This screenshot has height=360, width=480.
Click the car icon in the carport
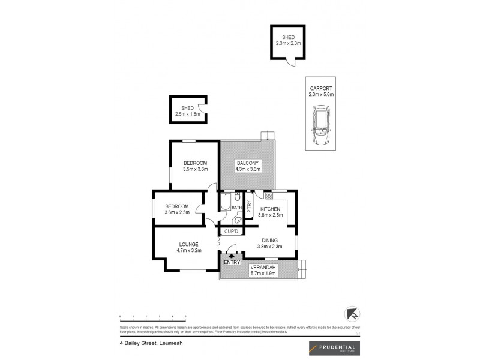pos(320,123)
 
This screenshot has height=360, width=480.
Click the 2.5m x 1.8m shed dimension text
pos(187,114)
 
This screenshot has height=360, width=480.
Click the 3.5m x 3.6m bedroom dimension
pos(196,170)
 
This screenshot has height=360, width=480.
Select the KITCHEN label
pos(270,209)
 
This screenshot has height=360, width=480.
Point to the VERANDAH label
pos(262,267)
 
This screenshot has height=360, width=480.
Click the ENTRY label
pos(231,262)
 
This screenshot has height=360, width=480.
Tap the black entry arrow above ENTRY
pos(232,256)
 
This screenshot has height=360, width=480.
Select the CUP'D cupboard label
pos(232,231)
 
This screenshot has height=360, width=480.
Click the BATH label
pos(236,208)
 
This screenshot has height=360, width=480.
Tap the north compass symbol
pos(352,315)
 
